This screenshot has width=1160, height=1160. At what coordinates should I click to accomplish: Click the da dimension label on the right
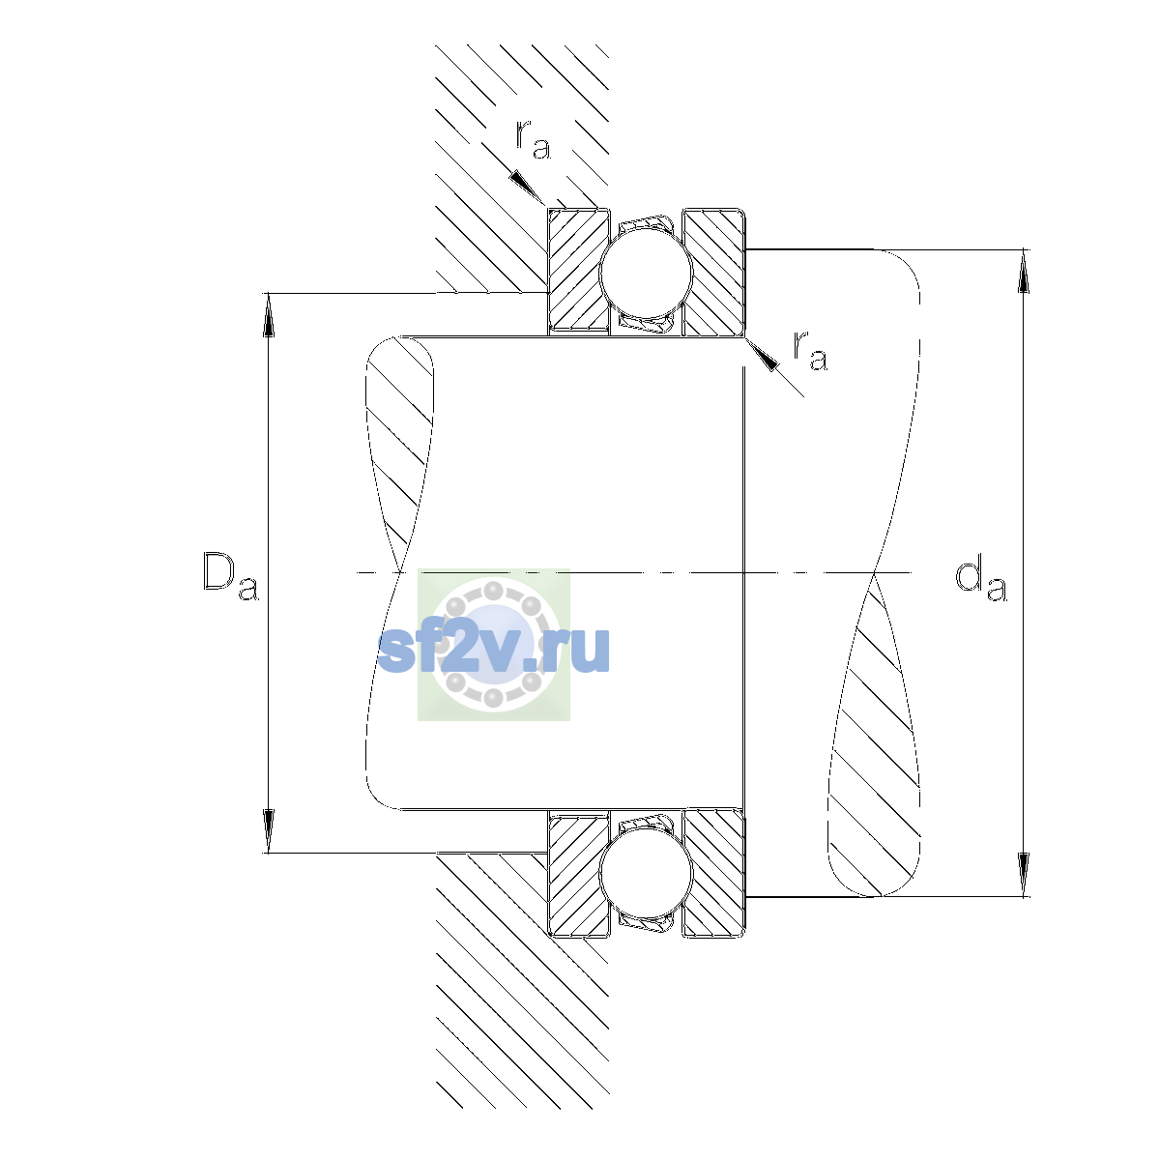pyautogui.click(x=980, y=580)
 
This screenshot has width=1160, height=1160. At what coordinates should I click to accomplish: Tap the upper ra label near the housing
pyautogui.click(x=533, y=139)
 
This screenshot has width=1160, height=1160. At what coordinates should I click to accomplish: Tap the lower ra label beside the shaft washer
pyautogui.click(x=810, y=350)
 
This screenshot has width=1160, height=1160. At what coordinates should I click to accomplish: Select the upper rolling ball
pyautogui.click(x=646, y=272)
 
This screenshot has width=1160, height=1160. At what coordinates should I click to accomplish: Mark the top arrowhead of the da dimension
pyautogui.click(x=1023, y=271)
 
